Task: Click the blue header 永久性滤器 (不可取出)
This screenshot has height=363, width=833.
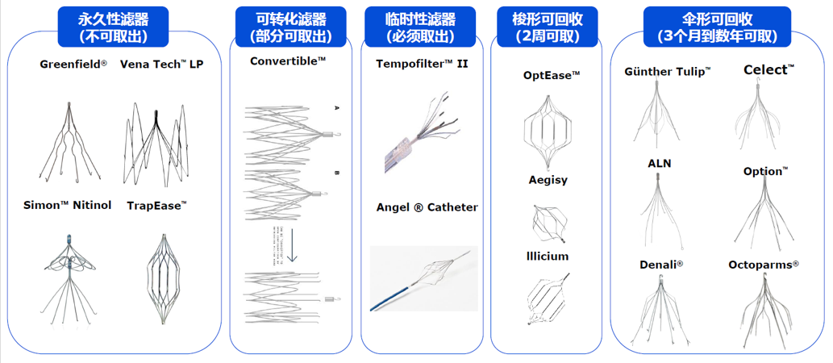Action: click(x=113, y=27)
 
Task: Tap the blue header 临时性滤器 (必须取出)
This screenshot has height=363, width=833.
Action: click(x=421, y=27)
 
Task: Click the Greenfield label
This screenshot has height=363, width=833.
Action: click(x=73, y=65)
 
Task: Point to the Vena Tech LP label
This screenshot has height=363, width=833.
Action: click(x=162, y=65)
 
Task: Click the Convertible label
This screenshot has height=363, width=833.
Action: click(x=288, y=60)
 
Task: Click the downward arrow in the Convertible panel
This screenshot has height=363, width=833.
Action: click(x=293, y=247)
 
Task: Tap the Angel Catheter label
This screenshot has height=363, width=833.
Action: click(x=427, y=207)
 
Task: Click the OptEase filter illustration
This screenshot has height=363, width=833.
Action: click(x=552, y=129)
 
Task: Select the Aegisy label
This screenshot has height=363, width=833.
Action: click(x=548, y=180)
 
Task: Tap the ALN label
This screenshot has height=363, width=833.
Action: click(x=659, y=163)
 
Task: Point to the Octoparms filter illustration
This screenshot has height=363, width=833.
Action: click(x=762, y=311)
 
